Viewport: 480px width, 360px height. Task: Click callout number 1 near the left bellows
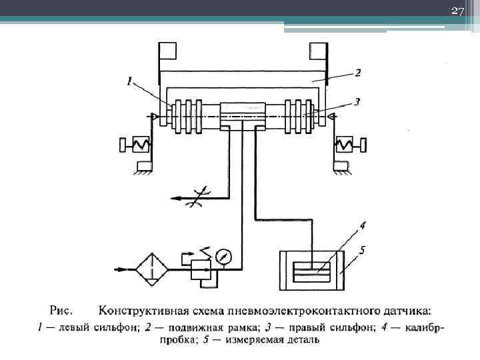tap(130, 82)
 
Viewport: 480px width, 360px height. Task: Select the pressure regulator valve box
tap(200, 269)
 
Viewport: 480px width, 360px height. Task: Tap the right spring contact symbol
tap(346, 143)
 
